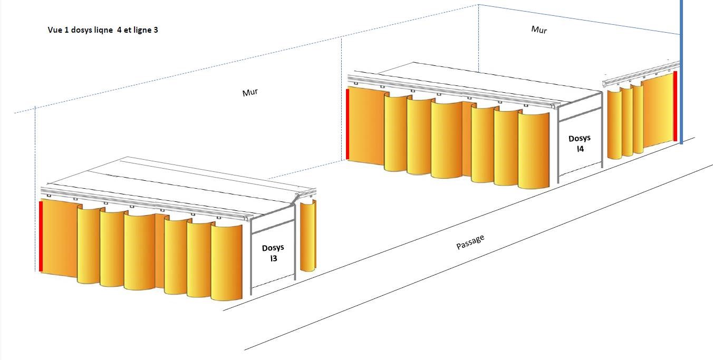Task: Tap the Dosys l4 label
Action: [x=580, y=143]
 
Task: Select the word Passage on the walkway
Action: [x=470, y=242]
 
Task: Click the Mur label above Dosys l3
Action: [x=250, y=93]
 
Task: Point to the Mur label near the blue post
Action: [x=539, y=30]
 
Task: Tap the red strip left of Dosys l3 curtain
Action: [x=41, y=236]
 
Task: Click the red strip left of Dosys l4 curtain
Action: [x=347, y=124]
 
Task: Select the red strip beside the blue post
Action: [x=675, y=106]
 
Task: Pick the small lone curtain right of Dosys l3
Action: [x=307, y=235]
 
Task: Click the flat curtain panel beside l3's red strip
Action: [x=59, y=237]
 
